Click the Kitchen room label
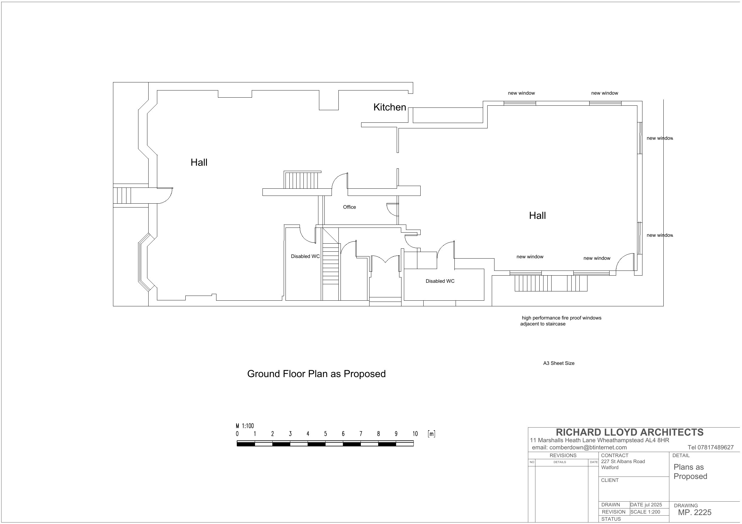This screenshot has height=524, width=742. [390, 107]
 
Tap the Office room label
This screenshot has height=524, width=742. [349, 207]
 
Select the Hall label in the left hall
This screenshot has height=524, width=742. [199, 162]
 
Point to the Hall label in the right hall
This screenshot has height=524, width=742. [537, 216]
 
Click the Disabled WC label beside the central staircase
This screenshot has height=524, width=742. [305, 256]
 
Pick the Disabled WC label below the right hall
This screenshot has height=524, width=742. [440, 281]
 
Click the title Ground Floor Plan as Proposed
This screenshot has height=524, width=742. [316, 374]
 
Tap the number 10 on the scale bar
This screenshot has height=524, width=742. [415, 434]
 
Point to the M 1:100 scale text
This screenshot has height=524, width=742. [245, 426]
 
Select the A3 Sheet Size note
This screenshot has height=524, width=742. [559, 363]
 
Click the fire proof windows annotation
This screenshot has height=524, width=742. [561, 321]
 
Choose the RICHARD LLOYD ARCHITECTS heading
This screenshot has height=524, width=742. [630, 432]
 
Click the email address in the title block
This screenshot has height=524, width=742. [579, 448]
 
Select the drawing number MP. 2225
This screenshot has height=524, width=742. [694, 512]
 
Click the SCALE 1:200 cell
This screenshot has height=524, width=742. [645, 512]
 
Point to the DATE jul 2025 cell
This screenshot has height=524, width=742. [646, 505]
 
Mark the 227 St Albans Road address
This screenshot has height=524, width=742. [623, 462]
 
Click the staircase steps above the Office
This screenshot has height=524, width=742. [300, 180]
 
